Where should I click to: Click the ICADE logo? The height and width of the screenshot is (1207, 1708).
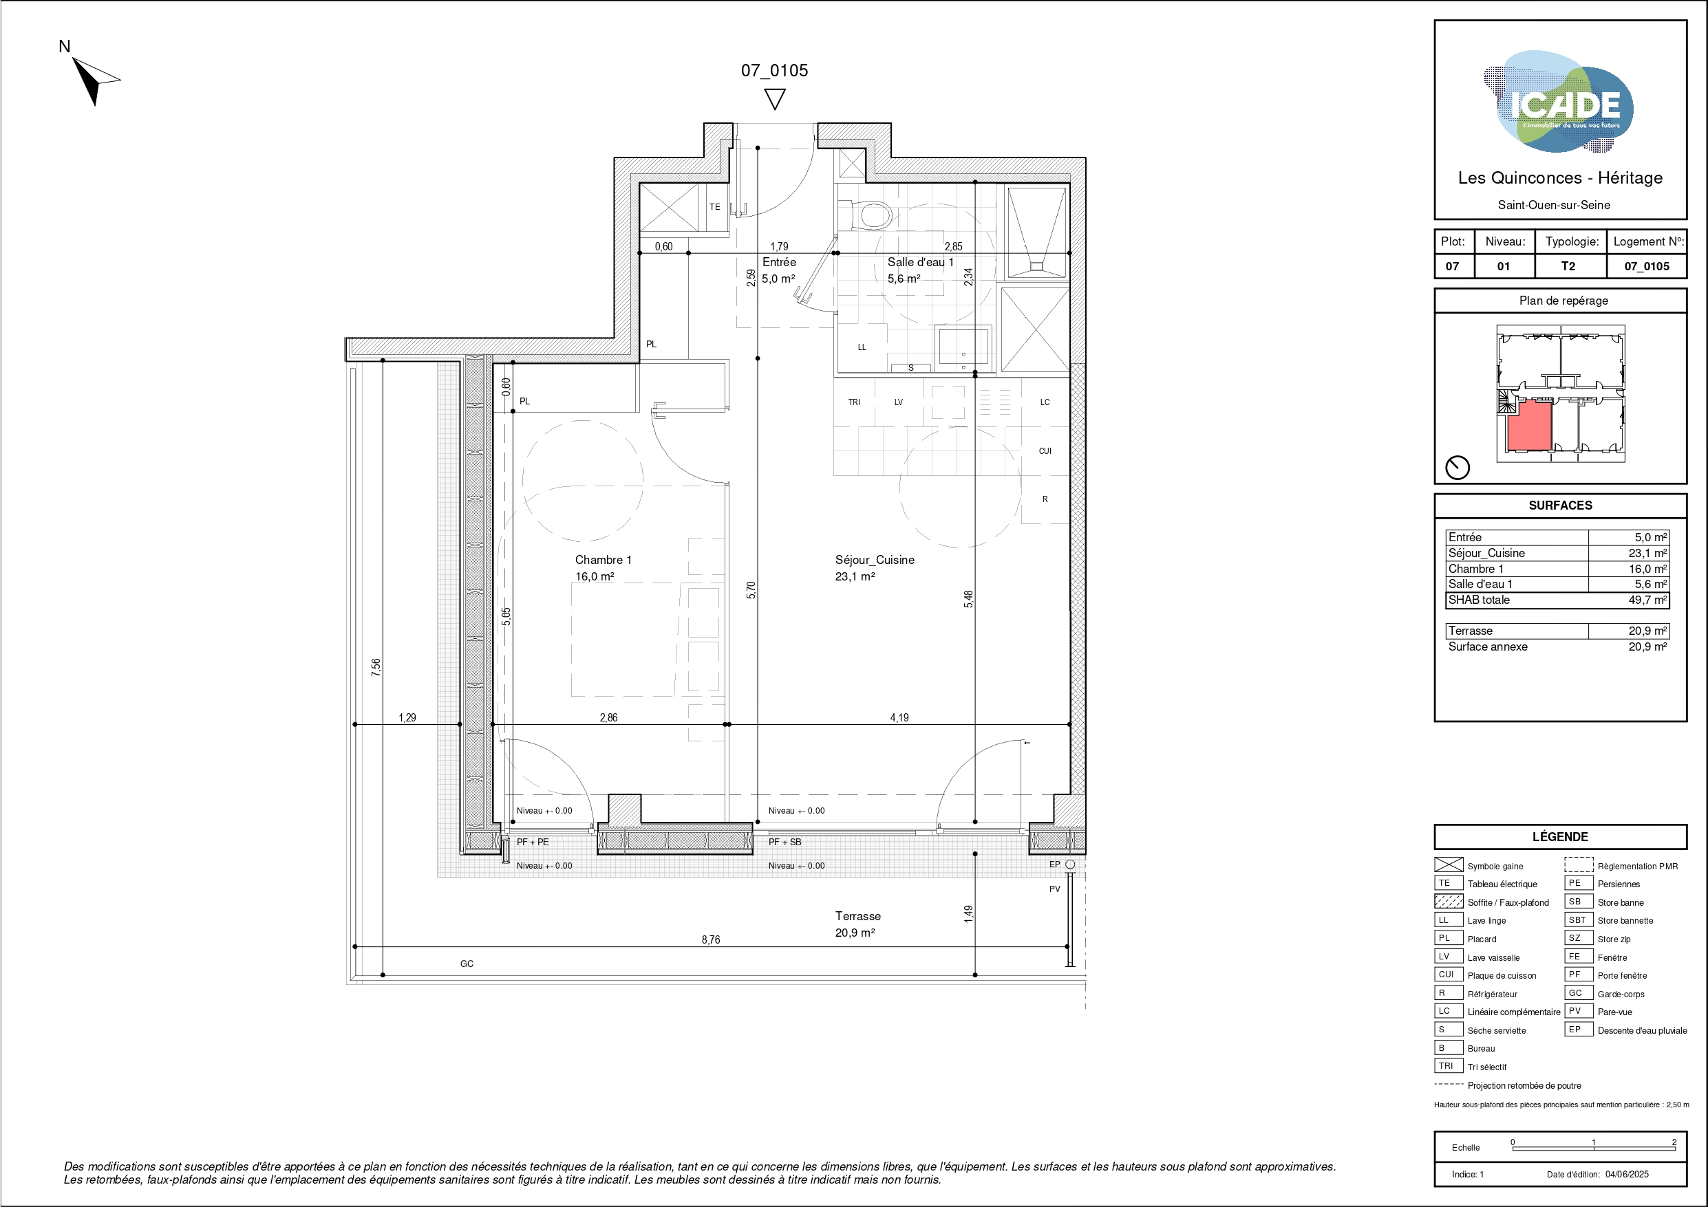tap(1559, 102)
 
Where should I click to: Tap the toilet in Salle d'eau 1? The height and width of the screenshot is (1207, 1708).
tap(870, 214)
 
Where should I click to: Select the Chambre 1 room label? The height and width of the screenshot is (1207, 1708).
tap(603, 560)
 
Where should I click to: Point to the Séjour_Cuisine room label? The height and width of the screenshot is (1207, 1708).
tap(875, 560)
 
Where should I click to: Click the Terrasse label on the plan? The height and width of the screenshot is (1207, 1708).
tap(857, 916)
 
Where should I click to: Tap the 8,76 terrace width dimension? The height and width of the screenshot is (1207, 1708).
tap(711, 939)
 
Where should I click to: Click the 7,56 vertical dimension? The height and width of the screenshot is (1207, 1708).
tap(376, 667)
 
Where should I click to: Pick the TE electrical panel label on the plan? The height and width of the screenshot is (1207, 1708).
tap(715, 207)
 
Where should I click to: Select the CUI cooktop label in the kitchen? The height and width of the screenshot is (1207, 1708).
tap(1045, 450)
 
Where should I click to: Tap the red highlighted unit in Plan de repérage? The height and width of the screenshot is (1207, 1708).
tap(1530, 426)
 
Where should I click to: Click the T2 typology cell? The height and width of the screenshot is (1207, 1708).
tap(1568, 266)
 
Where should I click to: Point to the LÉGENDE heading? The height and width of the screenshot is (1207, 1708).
tap(1560, 836)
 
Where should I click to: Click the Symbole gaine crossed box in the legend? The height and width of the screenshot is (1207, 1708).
tap(1449, 865)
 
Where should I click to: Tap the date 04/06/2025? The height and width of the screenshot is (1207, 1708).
tap(1627, 1174)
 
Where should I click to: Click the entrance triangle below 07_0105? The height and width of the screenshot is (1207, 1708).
tap(775, 100)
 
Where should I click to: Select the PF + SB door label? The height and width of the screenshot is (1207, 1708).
tap(784, 842)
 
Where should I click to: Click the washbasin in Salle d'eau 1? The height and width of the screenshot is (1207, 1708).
tap(963, 348)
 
